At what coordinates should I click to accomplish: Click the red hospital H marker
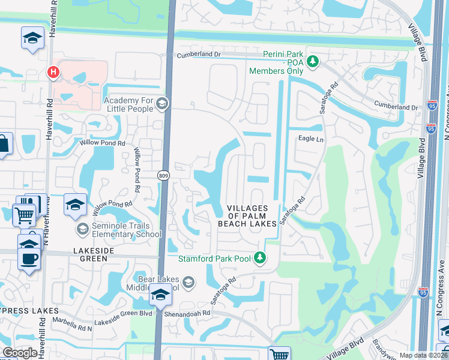[x=53, y=72]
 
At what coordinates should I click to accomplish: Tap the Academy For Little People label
[x=128, y=104]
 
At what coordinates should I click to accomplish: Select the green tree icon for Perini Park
[x=312, y=61]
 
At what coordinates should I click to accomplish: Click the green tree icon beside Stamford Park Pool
[x=259, y=258]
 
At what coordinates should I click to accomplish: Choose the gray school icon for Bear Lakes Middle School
[x=188, y=282]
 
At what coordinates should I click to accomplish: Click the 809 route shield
[x=163, y=176]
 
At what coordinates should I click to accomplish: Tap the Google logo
[x=20, y=352]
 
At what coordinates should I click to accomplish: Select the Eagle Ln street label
[x=311, y=139]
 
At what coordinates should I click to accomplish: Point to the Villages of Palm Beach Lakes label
[x=252, y=215]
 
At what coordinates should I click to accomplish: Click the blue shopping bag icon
[x=3, y=144]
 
